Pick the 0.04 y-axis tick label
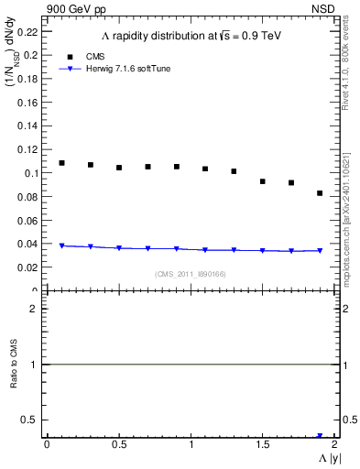coord(27,244)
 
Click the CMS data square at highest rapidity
coord(320,193)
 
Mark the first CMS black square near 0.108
coord(61,163)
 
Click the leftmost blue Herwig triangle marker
coord(61,245)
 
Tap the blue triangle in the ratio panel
coord(320,436)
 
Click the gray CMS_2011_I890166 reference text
coord(190,274)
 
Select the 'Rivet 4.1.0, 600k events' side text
coord(345,70)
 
